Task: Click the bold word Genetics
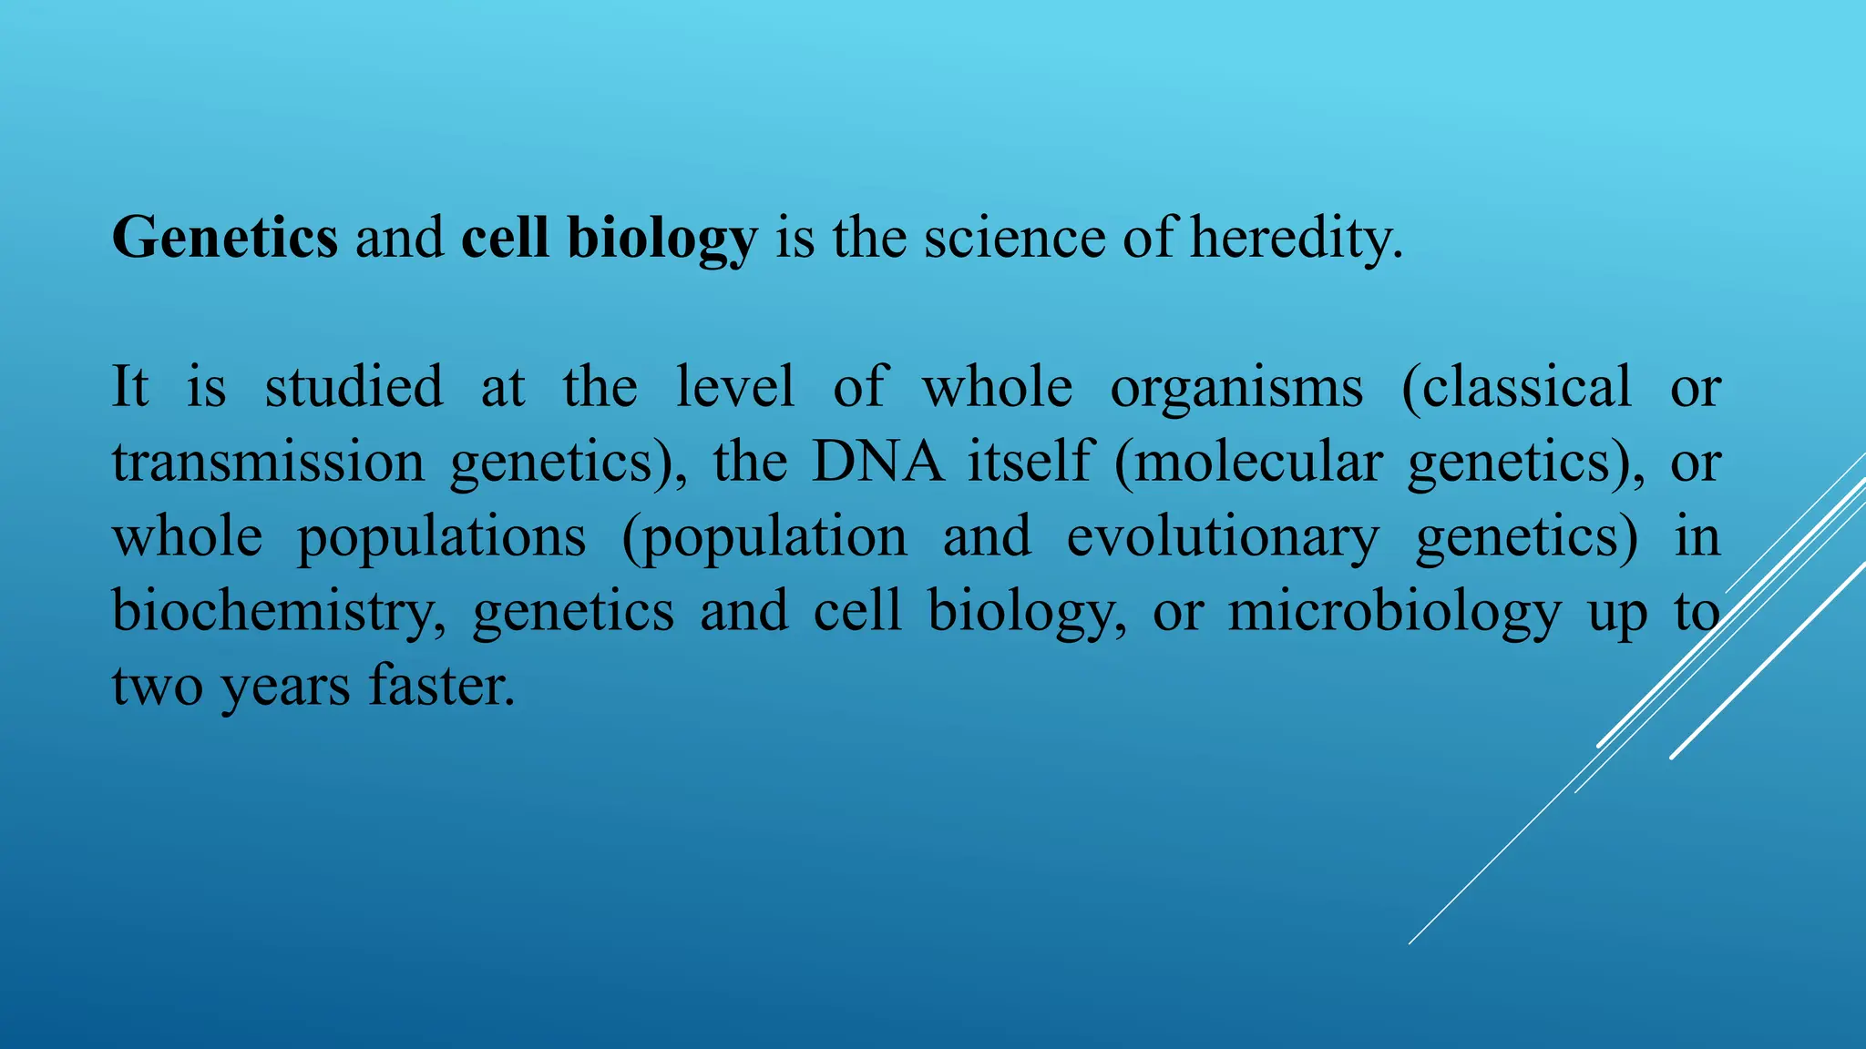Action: (224, 238)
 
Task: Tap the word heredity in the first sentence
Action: (1296, 238)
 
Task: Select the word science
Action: (1014, 238)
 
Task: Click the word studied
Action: (354, 386)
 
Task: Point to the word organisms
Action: (1236, 388)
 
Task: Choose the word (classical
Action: (1516, 386)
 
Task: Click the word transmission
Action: (268, 461)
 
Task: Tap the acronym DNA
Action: (877, 461)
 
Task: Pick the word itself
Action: (1030, 461)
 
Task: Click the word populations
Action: (441, 537)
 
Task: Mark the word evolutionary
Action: (1223, 537)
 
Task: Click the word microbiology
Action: (1394, 611)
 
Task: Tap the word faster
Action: (442, 685)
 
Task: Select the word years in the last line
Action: (285, 687)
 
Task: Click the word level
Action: (735, 386)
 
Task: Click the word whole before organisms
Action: (997, 386)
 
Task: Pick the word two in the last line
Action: (157, 685)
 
